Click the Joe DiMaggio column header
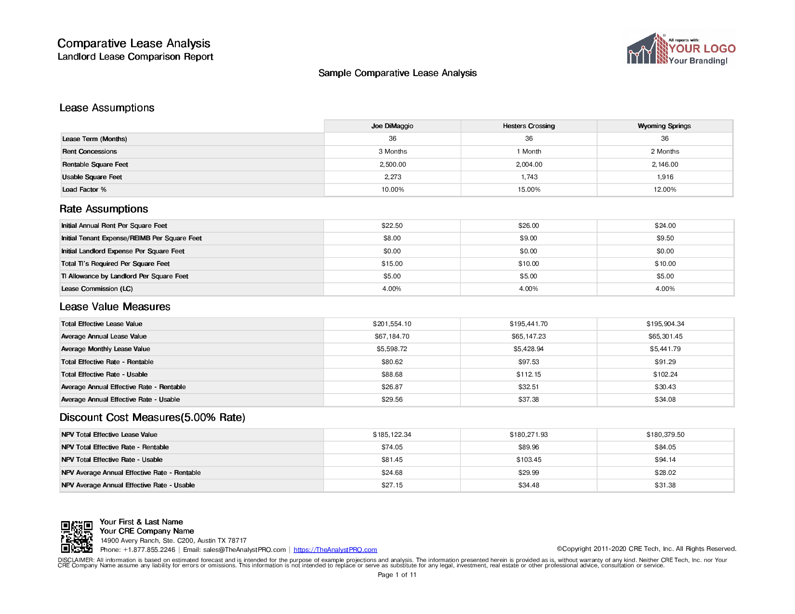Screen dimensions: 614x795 (x=392, y=126)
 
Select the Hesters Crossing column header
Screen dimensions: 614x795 (x=529, y=126)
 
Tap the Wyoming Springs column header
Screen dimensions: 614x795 (x=664, y=126)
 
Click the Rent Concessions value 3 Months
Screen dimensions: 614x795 (x=393, y=152)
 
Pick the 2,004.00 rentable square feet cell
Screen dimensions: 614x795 (x=529, y=165)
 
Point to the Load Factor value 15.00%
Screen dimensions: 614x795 (x=529, y=190)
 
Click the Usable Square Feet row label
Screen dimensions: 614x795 (x=92, y=177)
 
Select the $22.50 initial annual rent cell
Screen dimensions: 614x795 (x=392, y=226)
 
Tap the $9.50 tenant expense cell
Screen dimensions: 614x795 (x=665, y=238)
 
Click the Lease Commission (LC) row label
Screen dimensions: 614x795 (x=97, y=289)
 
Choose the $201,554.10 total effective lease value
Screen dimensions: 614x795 (x=392, y=324)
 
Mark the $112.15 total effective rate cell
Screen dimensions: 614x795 (x=529, y=375)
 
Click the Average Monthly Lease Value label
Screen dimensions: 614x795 (x=106, y=349)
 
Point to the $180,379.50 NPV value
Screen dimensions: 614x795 (x=665, y=435)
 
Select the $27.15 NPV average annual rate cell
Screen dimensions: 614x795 (x=392, y=485)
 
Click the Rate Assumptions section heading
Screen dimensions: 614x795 (x=104, y=209)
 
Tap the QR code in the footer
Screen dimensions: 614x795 (x=77, y=536)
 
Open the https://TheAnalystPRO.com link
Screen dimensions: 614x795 (x=335, y=550)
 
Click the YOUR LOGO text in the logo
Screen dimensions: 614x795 (x=702, y=49)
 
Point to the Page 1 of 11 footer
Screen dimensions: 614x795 (x=397, y=575)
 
